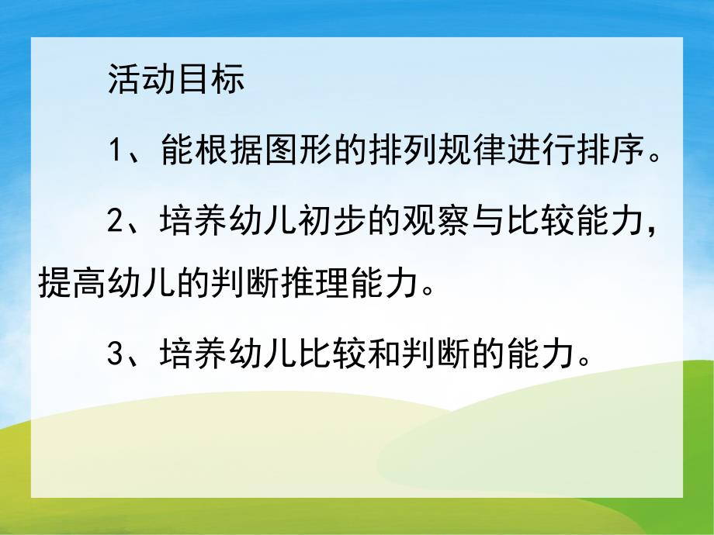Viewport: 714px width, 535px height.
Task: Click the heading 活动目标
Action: tap(176, 80)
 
